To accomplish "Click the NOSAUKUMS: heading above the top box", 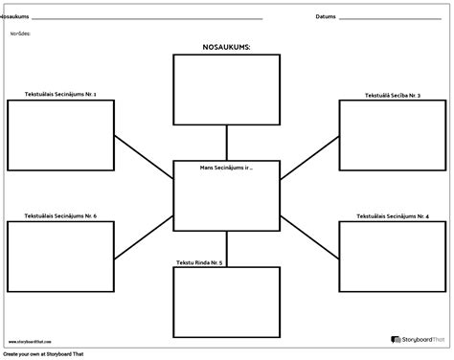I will [x=226, y=46].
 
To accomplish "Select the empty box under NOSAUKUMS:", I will [x=226, y=84].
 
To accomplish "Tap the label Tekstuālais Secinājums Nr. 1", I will [x=59, y=94].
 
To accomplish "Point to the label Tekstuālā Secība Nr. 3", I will [x=393, y=96].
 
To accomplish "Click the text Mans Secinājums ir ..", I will [x=226, y=167].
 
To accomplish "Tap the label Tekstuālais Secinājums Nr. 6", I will [x=60, y=215].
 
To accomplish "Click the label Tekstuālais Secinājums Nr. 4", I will [x=393, y=215].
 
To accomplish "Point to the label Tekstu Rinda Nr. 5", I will [x=199, y=261].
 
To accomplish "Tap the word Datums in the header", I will [x=326, y=16].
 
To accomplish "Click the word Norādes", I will [x=21, y=33].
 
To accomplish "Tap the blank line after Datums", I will [x=393, y=18].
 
